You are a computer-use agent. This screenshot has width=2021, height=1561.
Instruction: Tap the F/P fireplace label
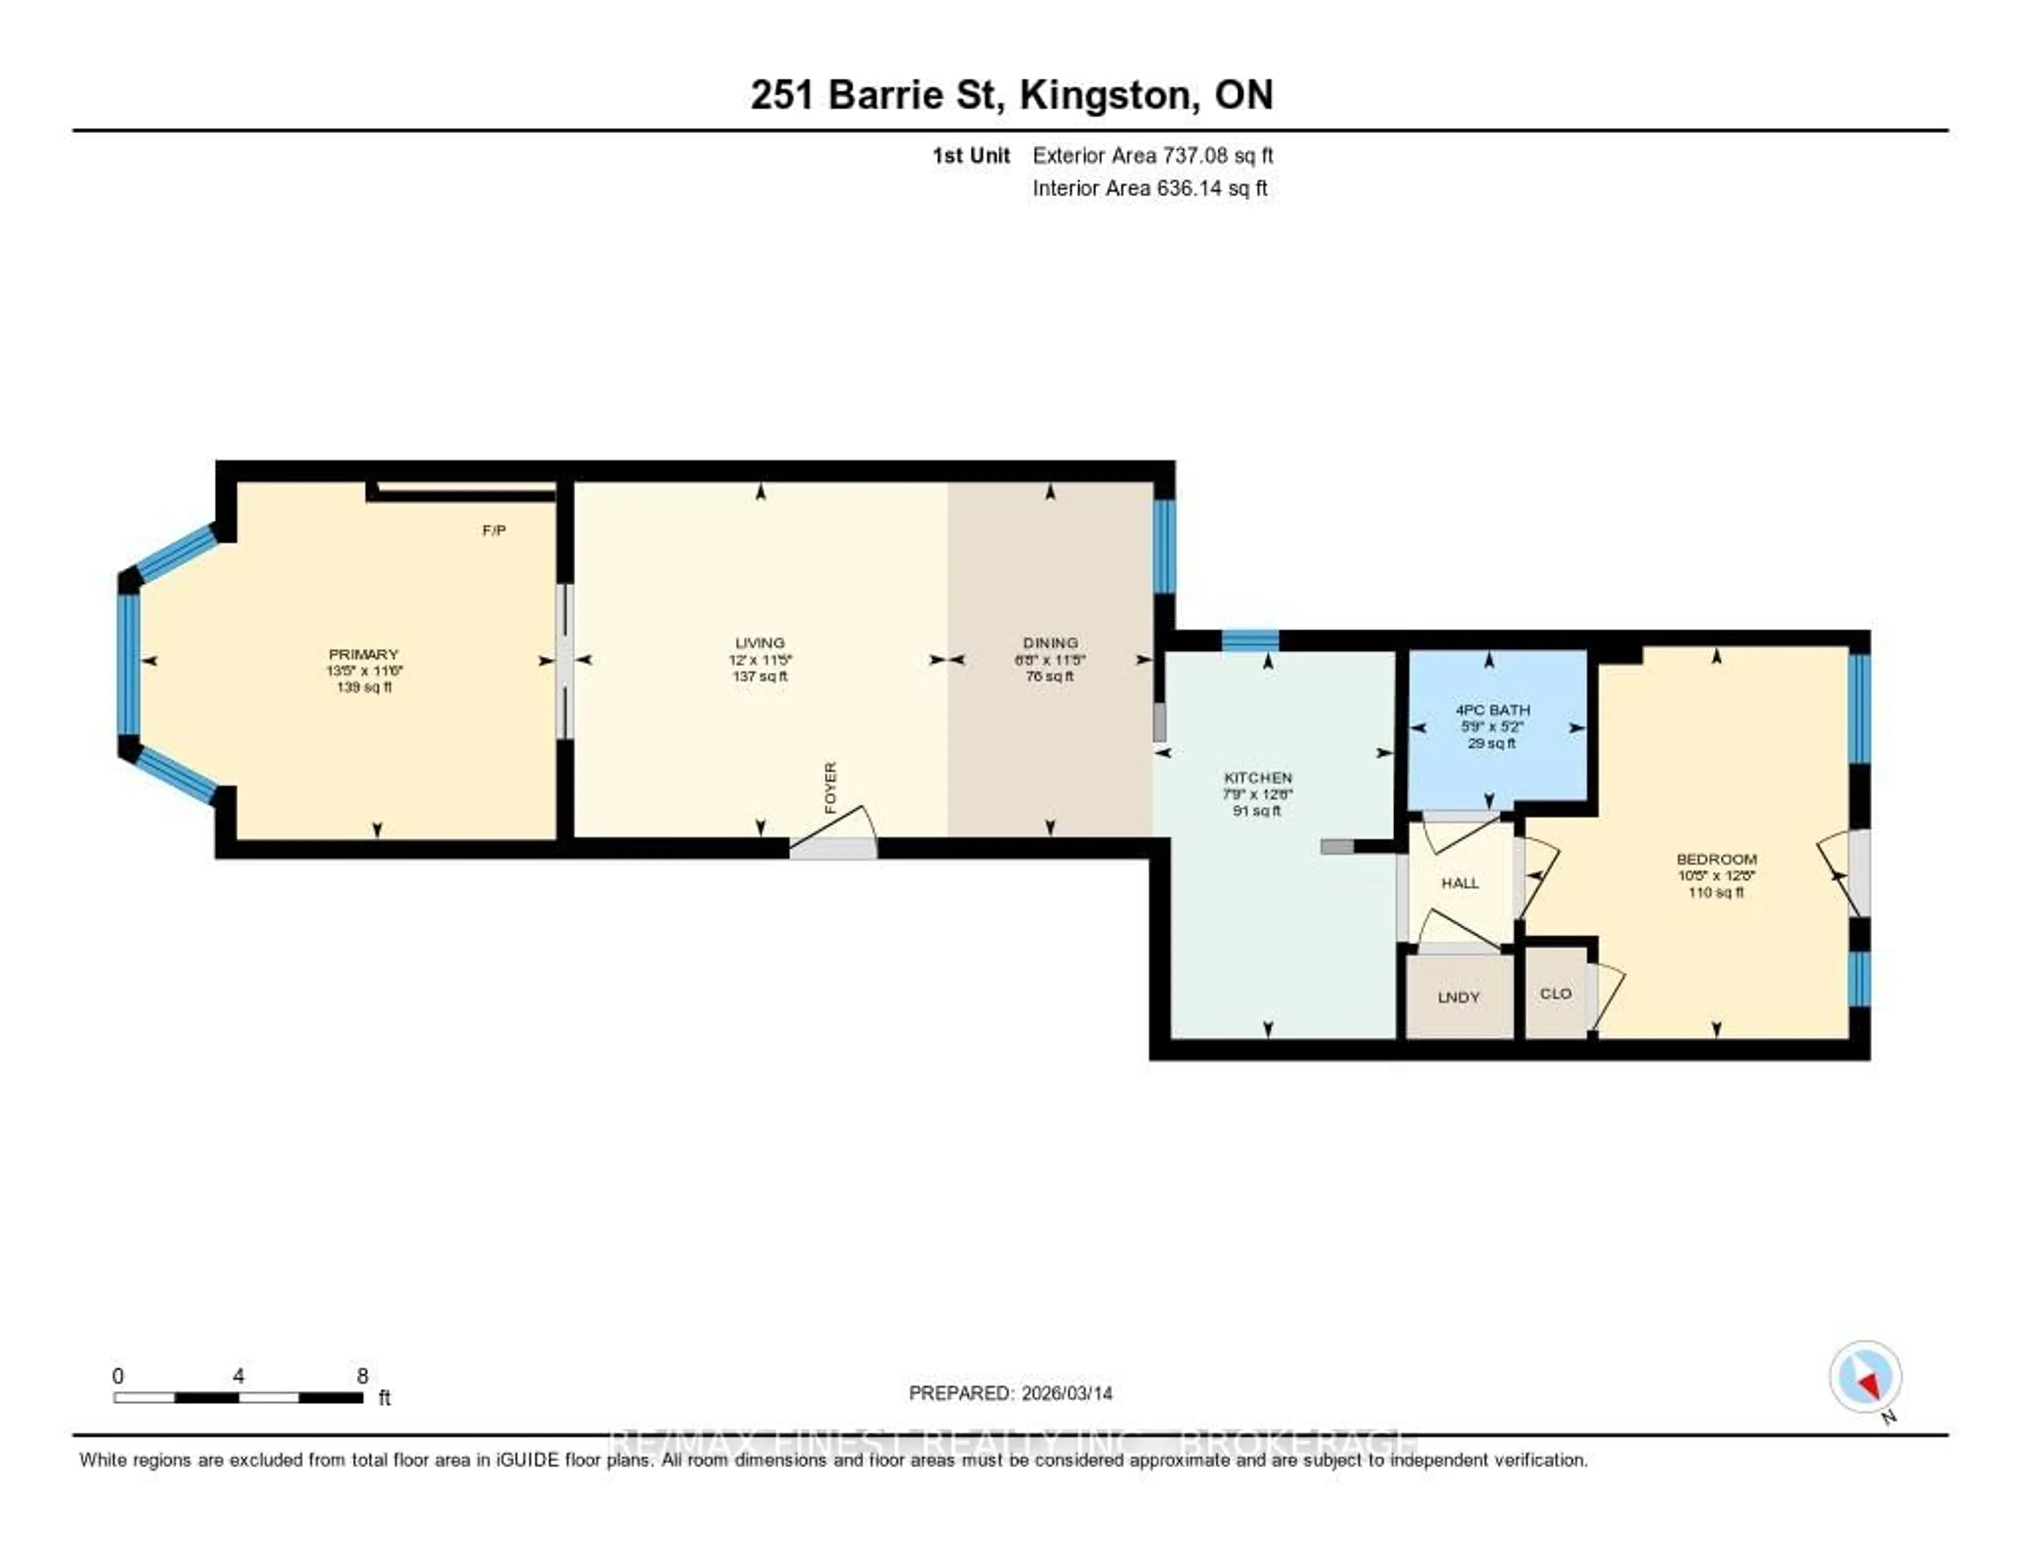point(494,530)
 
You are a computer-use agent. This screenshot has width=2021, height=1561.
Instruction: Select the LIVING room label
point(760,642)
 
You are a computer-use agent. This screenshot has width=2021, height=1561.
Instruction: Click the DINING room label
point(1050,642)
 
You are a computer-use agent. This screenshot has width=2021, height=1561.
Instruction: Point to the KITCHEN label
point(1257,777)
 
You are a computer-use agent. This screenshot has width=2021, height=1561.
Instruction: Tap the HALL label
point(1459,883)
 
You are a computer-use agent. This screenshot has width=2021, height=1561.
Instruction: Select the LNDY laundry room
point(1459,997)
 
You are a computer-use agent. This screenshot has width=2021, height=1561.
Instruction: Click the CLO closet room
point(1556,993)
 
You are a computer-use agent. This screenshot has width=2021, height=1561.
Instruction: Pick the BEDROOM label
point(1717,859)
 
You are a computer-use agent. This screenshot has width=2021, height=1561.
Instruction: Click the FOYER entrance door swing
point(833,833)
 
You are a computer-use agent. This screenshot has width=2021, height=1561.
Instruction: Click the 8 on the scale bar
point(363,1376)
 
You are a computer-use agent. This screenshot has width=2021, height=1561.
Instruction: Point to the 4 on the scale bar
point(239,1376)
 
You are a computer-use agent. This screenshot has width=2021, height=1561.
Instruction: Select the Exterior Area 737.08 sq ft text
point(1152,155)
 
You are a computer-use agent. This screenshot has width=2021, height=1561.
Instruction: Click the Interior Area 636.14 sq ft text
point(1149,188)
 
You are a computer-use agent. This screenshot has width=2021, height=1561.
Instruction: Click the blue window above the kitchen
point(1250,639)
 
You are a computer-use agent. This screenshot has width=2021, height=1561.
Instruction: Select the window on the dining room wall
point(1164,546)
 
